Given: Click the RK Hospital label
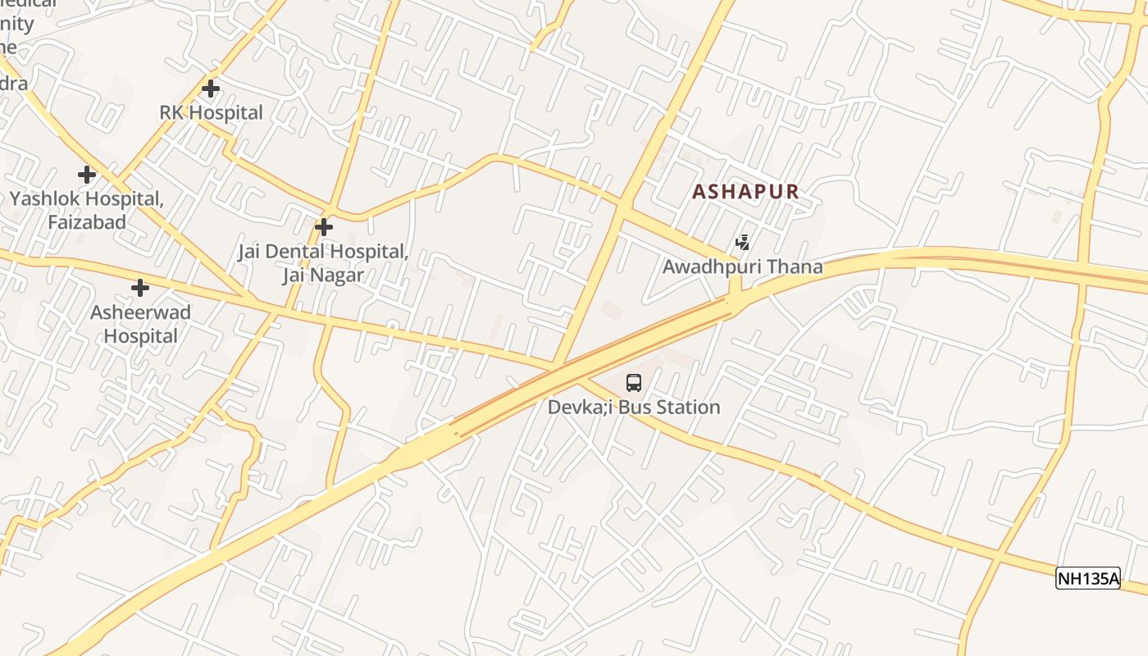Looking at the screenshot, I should [x=211, y=113].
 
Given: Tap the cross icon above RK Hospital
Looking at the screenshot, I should [x=211, y=88].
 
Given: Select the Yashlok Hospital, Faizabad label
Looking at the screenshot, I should [x=86, y=210].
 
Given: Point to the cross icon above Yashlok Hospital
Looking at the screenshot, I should [x=87, y=174].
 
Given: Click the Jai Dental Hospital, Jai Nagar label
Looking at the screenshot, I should [x=323, y=263].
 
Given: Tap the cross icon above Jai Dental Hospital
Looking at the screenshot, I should [x=325, y=226].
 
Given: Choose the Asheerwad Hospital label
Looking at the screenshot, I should [x=140, y=324].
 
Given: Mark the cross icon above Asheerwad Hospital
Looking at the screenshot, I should [x=140, y=288].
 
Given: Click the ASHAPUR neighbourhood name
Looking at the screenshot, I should [x=745, y=192].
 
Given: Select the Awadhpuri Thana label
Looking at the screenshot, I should [x=742, y=267].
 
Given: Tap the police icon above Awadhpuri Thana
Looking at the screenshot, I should [x=742, y=242].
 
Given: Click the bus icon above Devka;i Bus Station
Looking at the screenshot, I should [x=634, y=382].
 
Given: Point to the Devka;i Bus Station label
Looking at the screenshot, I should [x=634, y=408].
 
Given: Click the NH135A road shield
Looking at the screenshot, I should [x=1088, y=579].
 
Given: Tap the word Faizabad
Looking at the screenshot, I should [x=86, y=222].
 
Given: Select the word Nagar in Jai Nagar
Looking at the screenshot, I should [x=337, y=276].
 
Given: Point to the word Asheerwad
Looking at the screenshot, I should [x=140, y=312].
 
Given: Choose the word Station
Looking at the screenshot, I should [x=686, y=408].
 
